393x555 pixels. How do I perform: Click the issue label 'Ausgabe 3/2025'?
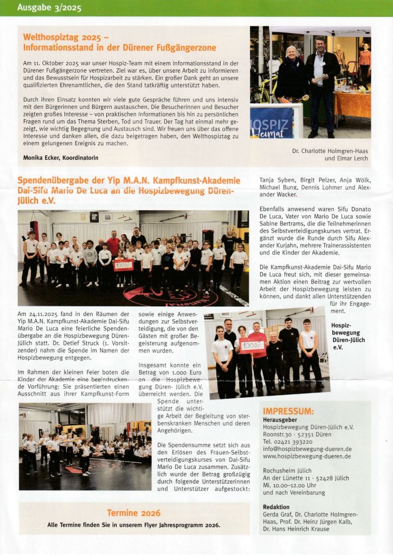pos(42,8)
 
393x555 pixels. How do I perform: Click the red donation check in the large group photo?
pos(123,265)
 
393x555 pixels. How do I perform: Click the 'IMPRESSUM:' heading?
pos(288,411)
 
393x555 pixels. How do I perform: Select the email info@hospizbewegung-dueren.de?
pos(307,449)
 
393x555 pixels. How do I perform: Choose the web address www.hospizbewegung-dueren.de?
pos(307,456)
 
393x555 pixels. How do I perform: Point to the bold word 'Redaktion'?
pos(276,506)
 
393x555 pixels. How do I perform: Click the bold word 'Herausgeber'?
pos(280,419)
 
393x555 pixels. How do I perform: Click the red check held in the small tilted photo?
pos(252,345)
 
